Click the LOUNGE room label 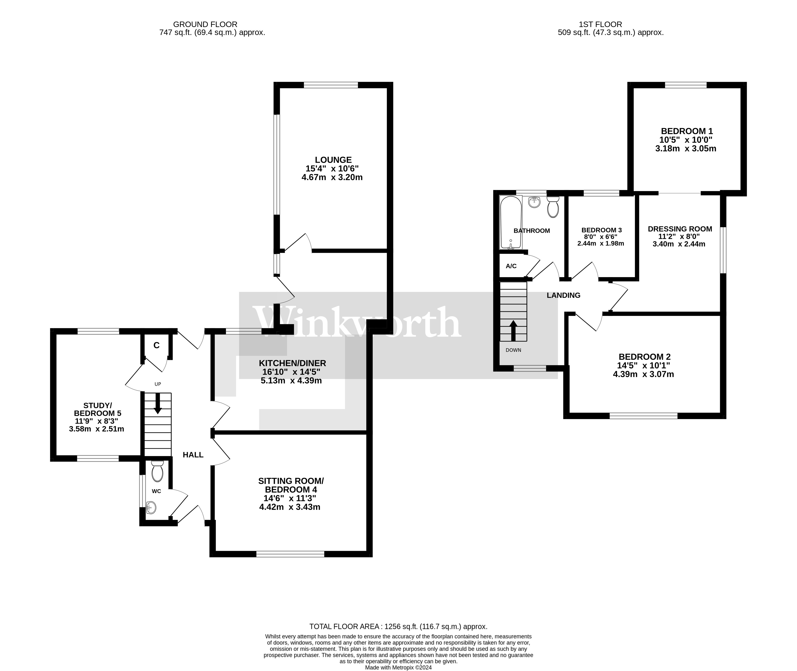pyautogui.click(x=333, y=160)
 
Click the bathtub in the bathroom pyautogui.click(x=510, y=223)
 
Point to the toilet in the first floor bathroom pyautogui.click(x=553, y=207)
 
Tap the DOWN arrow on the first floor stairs pyautogui.click(x=513, y=330)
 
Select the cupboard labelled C pyautogui.click(x=156, y=345)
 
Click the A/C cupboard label pyautogui.click(x=511, y=266)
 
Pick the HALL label pyautogui.click(x=193, y=455)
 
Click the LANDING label pyautogui.click(x=563, y=295)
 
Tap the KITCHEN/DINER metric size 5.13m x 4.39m pyautogui.click(x=291, y=380)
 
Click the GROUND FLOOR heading pyautogui.click(x=205, y=24)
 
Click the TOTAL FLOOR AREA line pyautogui.click(x=398, y=626)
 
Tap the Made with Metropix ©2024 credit pyautogui.click(x=398, y=667)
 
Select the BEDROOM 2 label pyautogui.click(x=644, y=357)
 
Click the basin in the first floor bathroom pyautogui.click(x=534, y=202)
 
